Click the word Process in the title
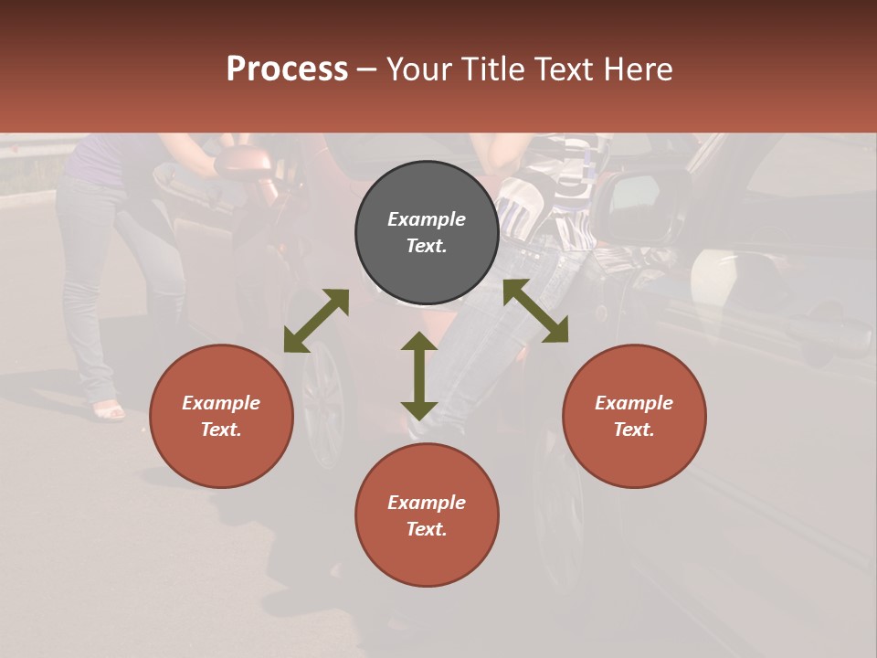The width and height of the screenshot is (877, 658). (x=287, y=69)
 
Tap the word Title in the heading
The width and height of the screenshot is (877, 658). (x=491, y=69)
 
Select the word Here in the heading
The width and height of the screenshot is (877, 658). (x=639, y=69)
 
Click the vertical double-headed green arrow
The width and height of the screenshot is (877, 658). (x=419, y=376)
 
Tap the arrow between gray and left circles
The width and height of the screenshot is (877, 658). (x=316, y=321)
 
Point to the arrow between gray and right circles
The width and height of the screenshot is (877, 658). (x=535, y=311)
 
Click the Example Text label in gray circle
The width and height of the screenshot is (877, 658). (x=427, y=232)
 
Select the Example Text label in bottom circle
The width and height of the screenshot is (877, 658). (x=427, y=515)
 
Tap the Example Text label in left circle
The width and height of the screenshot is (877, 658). (x=221, y=416)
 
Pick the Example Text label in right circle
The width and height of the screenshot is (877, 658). (x=634, y=416)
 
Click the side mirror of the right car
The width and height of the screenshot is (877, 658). (x=645, y=207)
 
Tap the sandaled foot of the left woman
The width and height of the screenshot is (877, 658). (x=109, y=412)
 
